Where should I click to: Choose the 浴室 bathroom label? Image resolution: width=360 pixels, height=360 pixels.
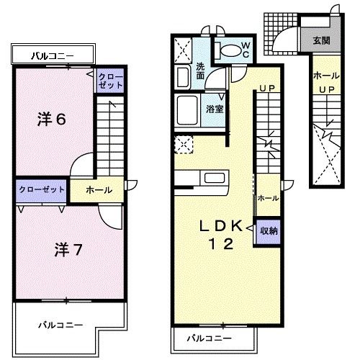[x=214, y=109]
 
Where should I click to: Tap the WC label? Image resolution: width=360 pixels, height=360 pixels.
[x=244, y=50]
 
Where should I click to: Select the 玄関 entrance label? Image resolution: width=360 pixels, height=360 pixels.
[x=321, y=41]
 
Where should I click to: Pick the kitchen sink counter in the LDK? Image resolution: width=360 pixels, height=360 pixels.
[x=215, y=177]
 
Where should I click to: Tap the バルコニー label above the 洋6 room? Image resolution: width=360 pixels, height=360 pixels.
[x=52, y=54]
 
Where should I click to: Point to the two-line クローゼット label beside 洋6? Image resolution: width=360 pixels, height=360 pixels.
[x=110, y=81]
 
